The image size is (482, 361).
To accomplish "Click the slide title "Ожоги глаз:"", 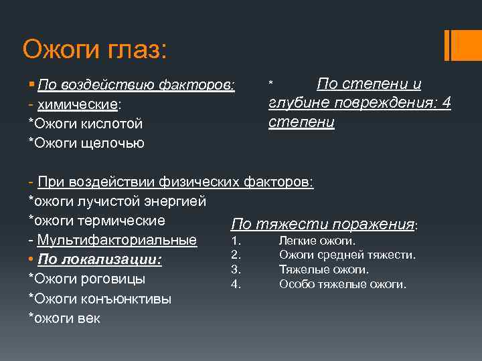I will pos(95,48).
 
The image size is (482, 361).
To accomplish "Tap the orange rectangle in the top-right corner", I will pos(463,45).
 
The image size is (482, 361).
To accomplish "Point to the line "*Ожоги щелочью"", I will pos(86,143).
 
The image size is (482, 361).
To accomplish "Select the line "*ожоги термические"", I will pos(96,220).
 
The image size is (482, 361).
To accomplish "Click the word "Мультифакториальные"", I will pos(117,240).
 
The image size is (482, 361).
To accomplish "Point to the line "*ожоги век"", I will pos(64,318).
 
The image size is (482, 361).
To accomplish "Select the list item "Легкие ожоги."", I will pos(317,241).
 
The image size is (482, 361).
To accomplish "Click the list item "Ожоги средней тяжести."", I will pos(347,255).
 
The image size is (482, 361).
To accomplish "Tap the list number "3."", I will pos(236,269).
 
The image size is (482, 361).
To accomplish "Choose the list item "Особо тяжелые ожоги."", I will pos(342,283).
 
